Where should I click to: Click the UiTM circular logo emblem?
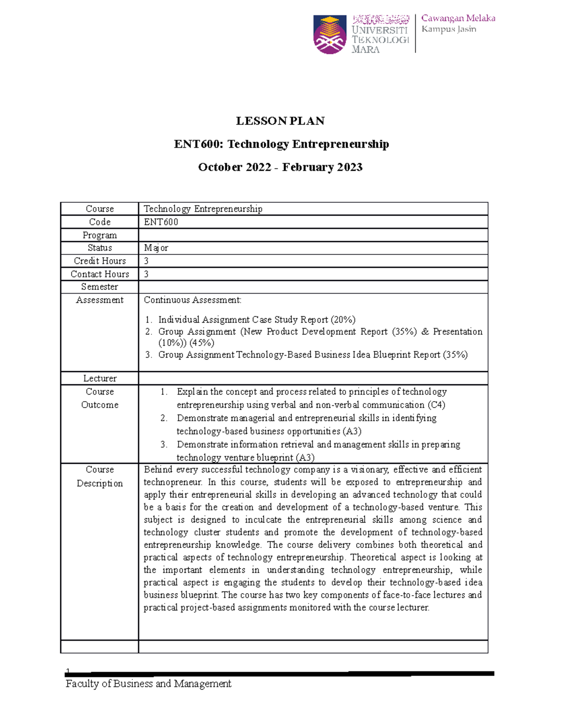pyautogui.click(x=330, y=34)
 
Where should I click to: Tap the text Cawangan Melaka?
pyautogui.click(x=458, y=18)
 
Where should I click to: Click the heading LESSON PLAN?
pyautogui.click(x=280, y=121)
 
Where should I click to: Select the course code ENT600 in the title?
pyautogui.click(x=198, y=144)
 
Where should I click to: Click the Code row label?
pyautogui.click(x=100, y=222)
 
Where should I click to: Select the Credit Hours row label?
pyautogui.click(x=100, y=261)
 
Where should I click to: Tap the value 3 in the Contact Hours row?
pyautogui.click(x=146, y=274)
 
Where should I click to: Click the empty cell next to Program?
pyautogui.click(x=313, y=235)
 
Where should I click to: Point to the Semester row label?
pyautogui.click(x=100, y=287)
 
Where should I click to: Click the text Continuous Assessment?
pyautogui.click(x=193, y=300)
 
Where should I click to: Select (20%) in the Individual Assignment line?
pyautogui.click(x=343, y=320)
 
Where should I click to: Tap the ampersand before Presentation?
pyautogui.click(x=425, y=331)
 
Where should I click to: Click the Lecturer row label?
pyautogui.click(x=100, y=378)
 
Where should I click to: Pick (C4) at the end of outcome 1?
pyautogui.click(x=436, y=405)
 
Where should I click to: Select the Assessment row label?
pyautogui.click(x=100, y=300)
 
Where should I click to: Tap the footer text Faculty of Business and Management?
pyautogui.click(x=148, y=684)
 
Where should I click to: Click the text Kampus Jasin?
pyautogui.click(x=448, y=29)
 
